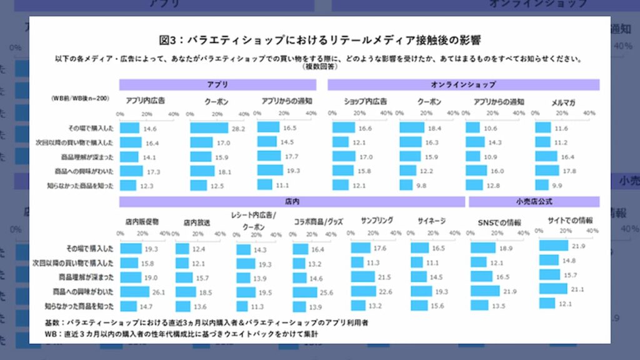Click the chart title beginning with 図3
click(319, 40)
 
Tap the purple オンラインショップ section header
click(463, 84)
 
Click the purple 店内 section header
click(292, 202)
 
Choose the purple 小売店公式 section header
click(534, 202)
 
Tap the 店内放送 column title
click(197, 222)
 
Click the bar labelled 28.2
click(209, 128)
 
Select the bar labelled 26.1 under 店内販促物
click(134, 292)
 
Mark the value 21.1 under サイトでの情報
click(576, 289)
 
